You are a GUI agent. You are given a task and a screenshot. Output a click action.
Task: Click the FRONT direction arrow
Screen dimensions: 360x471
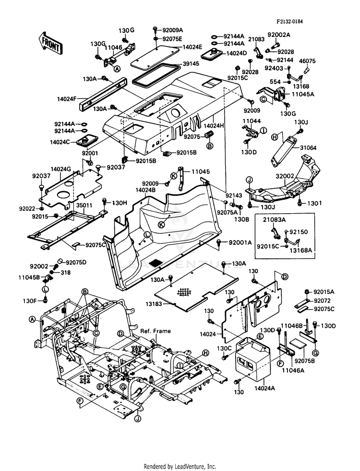tap(50, 43)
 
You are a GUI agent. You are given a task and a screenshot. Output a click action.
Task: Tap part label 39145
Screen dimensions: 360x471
tap(191, 64)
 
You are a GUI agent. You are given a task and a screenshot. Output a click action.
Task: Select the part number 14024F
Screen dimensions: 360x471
tap(67, 98)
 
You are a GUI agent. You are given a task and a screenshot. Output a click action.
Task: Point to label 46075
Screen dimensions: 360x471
tap(307, 61)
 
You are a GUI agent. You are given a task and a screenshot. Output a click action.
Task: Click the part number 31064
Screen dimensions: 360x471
tap(308, 148)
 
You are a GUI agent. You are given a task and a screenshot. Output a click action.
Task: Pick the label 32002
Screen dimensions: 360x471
tap(285, 176)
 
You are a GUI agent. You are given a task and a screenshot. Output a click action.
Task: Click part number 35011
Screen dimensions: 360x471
tap(84, 206)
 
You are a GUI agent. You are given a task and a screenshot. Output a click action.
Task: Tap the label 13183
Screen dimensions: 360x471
tap(154, 304)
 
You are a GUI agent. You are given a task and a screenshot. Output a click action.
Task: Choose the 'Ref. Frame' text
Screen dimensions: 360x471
tap(156, 331)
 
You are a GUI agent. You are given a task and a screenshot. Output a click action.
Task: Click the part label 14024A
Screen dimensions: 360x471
tap(264, 388)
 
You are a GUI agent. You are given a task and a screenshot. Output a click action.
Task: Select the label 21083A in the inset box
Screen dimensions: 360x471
tap(275, 219)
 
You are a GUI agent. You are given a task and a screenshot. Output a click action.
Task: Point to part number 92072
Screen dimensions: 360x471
tap(322, 301)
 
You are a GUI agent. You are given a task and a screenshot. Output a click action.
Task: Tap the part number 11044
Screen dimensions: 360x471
tap(252, 121)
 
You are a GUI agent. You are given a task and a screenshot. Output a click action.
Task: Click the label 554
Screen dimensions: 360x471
tap(276, 82)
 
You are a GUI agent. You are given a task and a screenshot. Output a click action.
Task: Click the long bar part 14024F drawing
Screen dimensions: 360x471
tap(102, 94)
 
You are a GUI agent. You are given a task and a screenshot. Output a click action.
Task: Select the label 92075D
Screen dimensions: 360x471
tap(76, 262)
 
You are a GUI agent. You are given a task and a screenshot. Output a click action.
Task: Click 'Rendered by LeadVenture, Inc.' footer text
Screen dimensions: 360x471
tap(180, 467)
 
